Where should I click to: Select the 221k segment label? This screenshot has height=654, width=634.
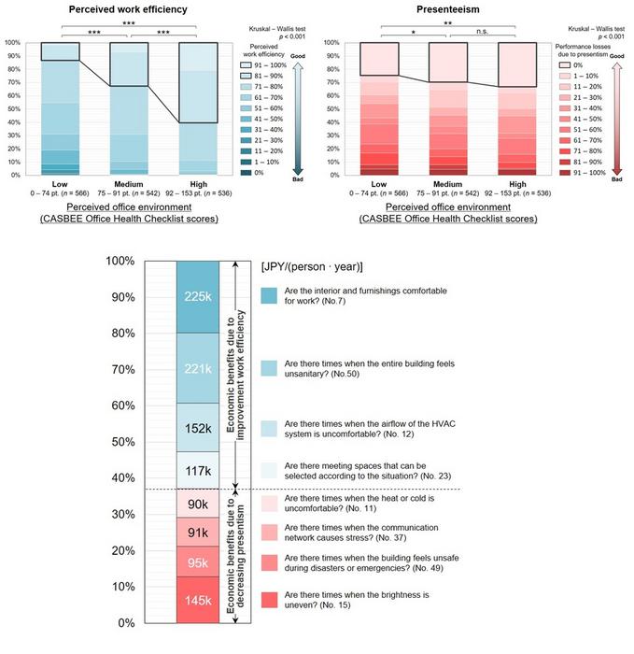tap(197, 370)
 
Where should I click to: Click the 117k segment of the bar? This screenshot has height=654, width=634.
tap(197, 472)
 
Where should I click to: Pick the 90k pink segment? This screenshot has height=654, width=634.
tap(197, 505)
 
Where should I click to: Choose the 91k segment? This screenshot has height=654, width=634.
tap(197, 533)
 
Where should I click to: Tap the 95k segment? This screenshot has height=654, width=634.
tap(197, 562)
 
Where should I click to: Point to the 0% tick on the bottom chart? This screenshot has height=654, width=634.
tap(124, 622)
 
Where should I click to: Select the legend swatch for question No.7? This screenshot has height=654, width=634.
tap(270, 294)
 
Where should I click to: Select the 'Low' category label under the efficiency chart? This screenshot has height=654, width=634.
tap(61, 184)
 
